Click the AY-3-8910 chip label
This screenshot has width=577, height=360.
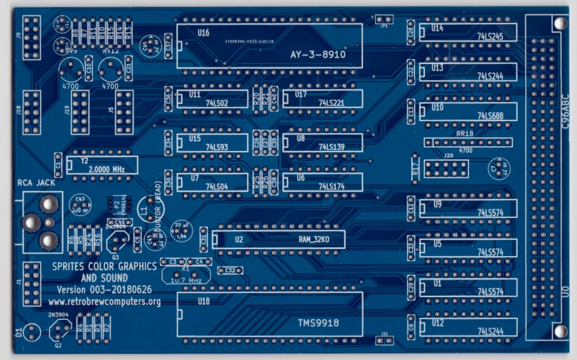(317, 55)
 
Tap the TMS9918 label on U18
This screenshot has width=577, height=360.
(315, 322)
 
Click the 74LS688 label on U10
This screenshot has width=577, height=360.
(491, 116)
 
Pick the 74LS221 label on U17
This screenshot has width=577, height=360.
(332, 103)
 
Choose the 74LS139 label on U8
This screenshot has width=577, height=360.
(332, 147)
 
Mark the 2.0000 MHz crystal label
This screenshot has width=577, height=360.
(106, 169)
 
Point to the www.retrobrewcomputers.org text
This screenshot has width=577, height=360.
(105, 302)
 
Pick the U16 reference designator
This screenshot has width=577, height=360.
(203, 33)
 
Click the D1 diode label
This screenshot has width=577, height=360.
(19, 332)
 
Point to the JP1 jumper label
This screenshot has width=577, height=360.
(384, 26)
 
